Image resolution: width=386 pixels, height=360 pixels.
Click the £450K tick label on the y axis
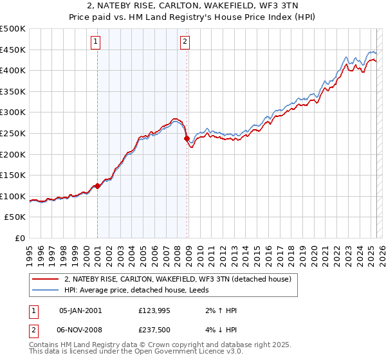tap(13, 50)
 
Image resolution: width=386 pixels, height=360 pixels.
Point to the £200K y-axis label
tap(13, 154)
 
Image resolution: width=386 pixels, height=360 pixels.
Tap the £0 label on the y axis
tap(19, 238)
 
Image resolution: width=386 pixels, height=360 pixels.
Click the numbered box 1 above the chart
tap(95, 42)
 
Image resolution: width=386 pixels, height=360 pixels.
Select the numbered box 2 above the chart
tap(185, 42)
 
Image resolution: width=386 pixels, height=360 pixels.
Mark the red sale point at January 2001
tap(97, 186)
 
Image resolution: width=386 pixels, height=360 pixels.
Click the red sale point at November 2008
tap(187, 138)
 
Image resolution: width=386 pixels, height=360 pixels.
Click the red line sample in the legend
tap(46, 279)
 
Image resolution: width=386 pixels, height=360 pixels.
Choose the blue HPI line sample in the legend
tap(46, 290)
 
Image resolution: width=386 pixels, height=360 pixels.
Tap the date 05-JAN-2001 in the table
tap(80, 310)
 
